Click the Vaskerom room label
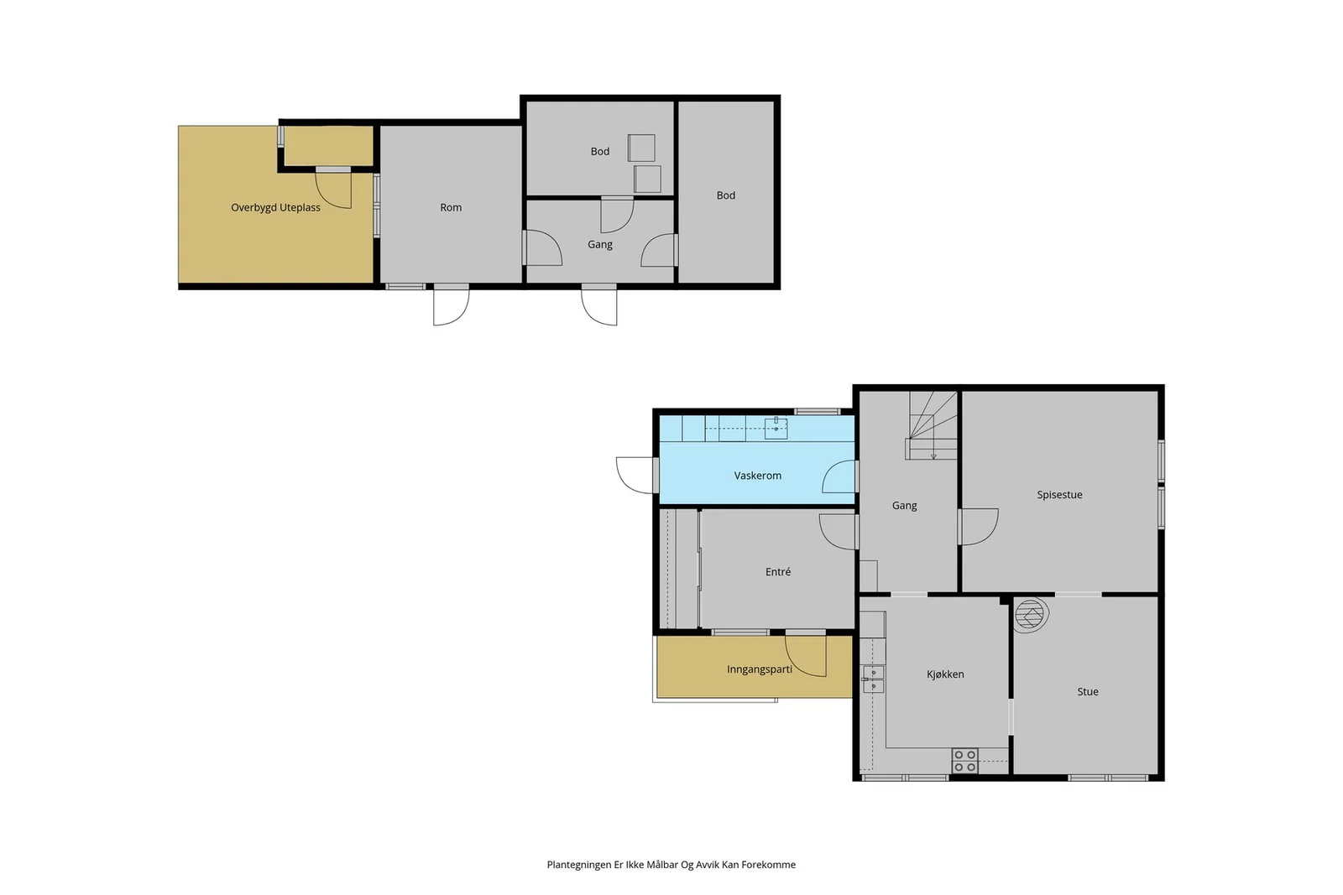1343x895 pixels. pos(757,476)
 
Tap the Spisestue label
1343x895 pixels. pos(1059,495)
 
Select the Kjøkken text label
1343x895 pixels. pos(945,674)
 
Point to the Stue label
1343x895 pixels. pos(1088,692)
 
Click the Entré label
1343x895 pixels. pos(777,572)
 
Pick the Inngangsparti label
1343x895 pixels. pos(759,669)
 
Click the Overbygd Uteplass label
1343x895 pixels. pos(275,208)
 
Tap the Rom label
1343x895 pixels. pos(451,208)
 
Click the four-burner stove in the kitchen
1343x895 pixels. pos(964,761)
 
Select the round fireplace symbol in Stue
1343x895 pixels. pos(1031,615)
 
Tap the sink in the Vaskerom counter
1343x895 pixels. pos(776,429)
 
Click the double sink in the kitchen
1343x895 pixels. pos(873,679)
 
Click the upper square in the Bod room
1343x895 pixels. pos(641,148)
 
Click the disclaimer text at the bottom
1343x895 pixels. pos(671,865)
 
